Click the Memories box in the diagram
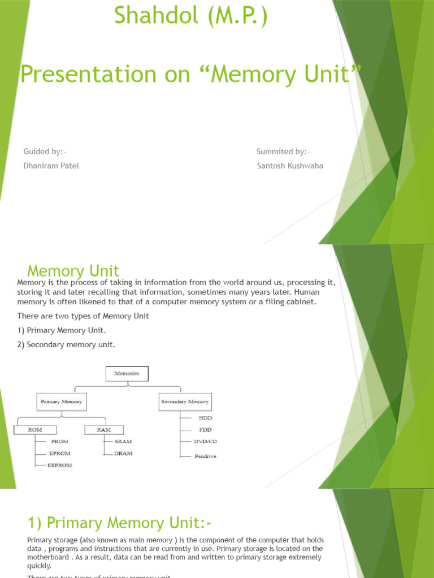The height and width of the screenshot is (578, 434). coord(127,373)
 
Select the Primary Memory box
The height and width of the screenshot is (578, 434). coord(61,401)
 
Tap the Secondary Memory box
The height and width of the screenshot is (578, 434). coord(185,401)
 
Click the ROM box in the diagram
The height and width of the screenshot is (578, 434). coord(35,430)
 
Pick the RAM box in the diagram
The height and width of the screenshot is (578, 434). coord(104,430)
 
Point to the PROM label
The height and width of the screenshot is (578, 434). coord(59,441)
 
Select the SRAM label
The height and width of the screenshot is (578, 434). coord(123,441)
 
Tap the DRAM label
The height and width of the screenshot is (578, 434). coord(123,453)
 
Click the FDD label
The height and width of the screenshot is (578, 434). coord(205,430)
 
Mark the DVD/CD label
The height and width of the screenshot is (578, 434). coord(205,441)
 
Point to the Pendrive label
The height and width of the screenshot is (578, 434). coord(205,456)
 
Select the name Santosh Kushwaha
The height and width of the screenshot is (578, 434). coord(290,166)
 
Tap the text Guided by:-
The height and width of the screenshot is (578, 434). coord(45,151)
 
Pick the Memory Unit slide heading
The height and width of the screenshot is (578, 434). coord(73,271)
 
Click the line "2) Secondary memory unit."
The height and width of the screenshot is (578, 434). coord(66,344)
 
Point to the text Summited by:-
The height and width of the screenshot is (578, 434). coord(283,151)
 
